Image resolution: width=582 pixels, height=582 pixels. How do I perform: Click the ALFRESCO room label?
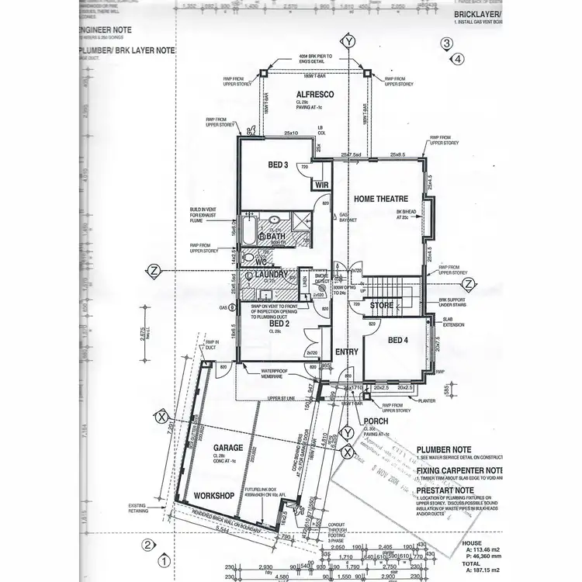tap(314, 94)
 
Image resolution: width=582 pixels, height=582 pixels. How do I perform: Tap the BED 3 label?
tap(279, 165)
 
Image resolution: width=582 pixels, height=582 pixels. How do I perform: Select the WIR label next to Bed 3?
tap(321, 185)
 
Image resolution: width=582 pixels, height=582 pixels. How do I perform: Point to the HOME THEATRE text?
tap(381, 199)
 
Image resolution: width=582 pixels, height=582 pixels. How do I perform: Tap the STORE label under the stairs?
tap(380, 305)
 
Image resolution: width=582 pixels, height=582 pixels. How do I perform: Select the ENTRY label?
tap(347, 352)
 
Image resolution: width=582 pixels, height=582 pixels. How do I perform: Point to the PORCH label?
tap(376, 421)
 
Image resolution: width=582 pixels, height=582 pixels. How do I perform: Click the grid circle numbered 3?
tap(446, 44)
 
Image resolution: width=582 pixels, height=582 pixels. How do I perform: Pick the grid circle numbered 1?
tap(164, 558)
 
